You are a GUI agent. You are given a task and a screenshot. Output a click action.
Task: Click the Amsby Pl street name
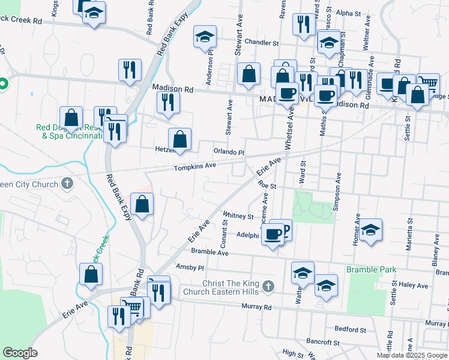[x=190, y=266]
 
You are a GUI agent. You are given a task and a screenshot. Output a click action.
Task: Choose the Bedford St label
[x=351, y=329]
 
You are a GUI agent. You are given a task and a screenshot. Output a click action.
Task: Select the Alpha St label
[x=349, y=13]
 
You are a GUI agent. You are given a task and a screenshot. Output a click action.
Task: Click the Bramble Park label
[x=371, y=269]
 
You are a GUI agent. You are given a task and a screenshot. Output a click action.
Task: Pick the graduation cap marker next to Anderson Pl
[x=205, y=37]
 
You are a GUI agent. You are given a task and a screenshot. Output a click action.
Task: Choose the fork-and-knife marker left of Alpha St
[x=302, y=24]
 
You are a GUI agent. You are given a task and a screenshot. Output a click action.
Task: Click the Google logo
[x=20, y=353]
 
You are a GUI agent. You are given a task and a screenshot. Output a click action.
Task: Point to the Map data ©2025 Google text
[x=411, y=355]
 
